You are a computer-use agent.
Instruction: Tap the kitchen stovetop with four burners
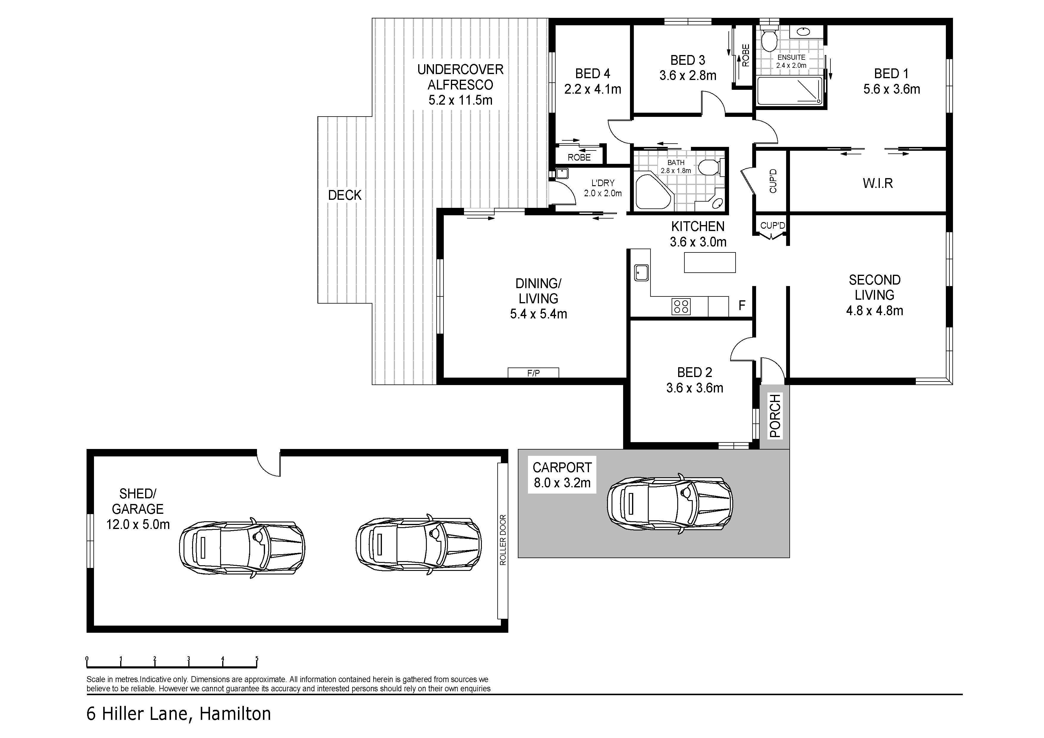681,306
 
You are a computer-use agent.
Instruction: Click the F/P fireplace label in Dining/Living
533,373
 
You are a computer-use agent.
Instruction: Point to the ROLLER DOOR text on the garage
502,540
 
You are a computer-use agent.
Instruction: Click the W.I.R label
877,183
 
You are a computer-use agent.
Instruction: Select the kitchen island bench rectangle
710,262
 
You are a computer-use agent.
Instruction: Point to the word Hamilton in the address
235,713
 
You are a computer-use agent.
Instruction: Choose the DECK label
345,195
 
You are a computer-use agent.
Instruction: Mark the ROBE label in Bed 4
579,157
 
